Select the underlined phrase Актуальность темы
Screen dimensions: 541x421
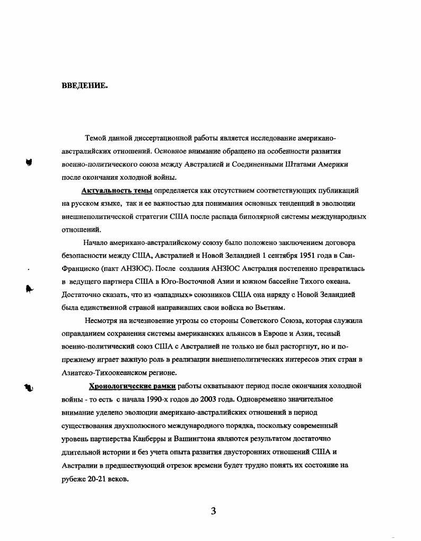coord(116,190)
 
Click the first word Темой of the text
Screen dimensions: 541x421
coord(96,138)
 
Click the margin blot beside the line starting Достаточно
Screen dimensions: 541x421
coord(30,289)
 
